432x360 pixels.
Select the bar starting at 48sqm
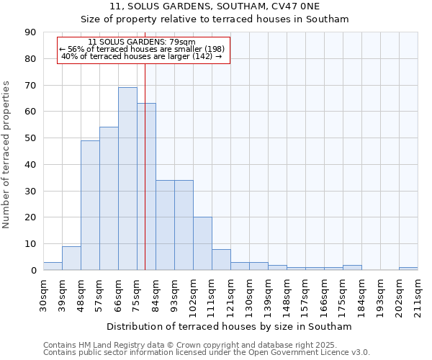90,205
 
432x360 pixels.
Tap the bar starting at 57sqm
109,199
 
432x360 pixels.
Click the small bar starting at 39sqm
71,258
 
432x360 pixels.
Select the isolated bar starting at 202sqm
408,269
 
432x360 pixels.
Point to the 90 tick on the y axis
30,32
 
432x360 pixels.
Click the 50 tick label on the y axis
30,138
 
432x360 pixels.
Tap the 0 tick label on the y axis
33,271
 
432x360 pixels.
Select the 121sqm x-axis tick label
231,295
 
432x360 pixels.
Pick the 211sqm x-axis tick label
418,295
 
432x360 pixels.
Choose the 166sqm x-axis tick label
325,295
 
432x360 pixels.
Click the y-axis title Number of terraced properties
7,155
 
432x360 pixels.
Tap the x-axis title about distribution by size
229,326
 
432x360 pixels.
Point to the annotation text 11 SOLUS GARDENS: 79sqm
141,42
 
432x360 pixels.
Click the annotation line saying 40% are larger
141,56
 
